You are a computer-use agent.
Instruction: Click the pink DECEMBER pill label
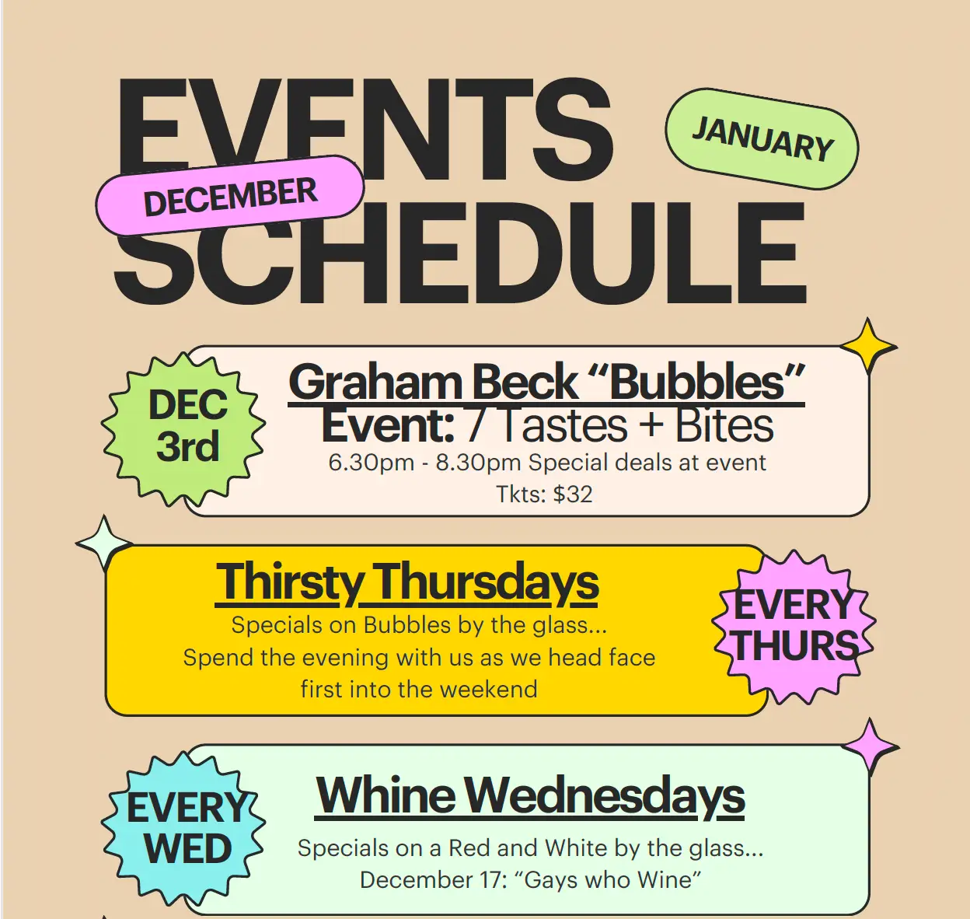[x=230, y=196]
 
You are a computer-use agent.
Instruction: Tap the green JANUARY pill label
[x=762, y=138]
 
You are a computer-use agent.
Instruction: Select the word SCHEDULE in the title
[x=461, y=253]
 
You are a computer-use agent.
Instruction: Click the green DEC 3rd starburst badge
[x=183, y=429]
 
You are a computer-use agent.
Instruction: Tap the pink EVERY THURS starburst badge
[x=794, y=627]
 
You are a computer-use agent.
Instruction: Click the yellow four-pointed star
[x=868, y=347]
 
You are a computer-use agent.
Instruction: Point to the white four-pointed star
[x=103, y=543]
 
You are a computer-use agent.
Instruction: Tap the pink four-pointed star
[x=870, y=747]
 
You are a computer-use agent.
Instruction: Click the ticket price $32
[x=572, y=494]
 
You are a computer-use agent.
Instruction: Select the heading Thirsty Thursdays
[x=407, y=582]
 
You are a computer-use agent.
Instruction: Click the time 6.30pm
[x=371, y=463]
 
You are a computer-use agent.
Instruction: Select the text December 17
[x=431, y=880]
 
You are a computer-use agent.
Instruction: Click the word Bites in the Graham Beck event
[x=724, y=425]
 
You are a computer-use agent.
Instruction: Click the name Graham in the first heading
[x=375, y=383]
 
